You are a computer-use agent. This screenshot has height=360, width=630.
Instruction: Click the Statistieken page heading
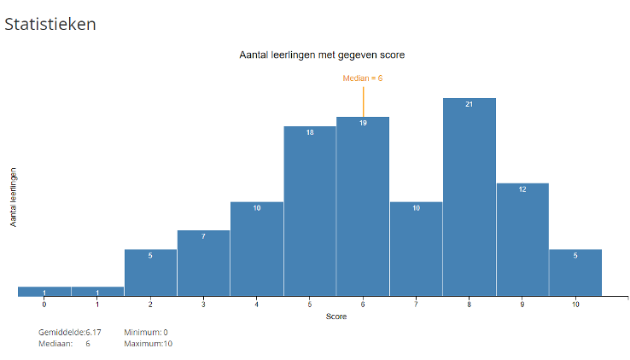click(x=50, y=24)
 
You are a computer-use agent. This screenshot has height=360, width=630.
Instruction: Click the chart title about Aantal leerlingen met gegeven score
click(x=322, y=55)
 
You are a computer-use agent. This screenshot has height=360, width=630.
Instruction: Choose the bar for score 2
click(x=150, y=273)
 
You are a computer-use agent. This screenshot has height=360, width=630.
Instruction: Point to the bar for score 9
click(x=522, y=240)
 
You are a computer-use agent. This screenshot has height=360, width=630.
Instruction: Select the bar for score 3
click(x=203, y=264)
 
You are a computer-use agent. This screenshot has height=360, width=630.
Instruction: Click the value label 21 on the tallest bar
click(x=469, y=105)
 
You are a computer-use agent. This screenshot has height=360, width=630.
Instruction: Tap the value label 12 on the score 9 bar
click(x=522, y=189)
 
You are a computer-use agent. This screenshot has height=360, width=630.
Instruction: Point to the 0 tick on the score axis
click(x=44, y=304)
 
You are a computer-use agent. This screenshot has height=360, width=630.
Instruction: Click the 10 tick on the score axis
click(x=575, y=304)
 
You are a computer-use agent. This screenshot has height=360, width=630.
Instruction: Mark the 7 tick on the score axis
click(x=416, y=304)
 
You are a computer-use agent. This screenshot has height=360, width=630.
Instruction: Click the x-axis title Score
click(x=336, y=316)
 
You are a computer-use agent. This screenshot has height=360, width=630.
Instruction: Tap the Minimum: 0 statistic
click(x=146, y=332)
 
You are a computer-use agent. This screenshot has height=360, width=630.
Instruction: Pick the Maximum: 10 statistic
click(x=148, y=344)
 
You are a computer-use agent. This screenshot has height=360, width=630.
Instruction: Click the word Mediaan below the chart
click(x=55, y=344)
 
